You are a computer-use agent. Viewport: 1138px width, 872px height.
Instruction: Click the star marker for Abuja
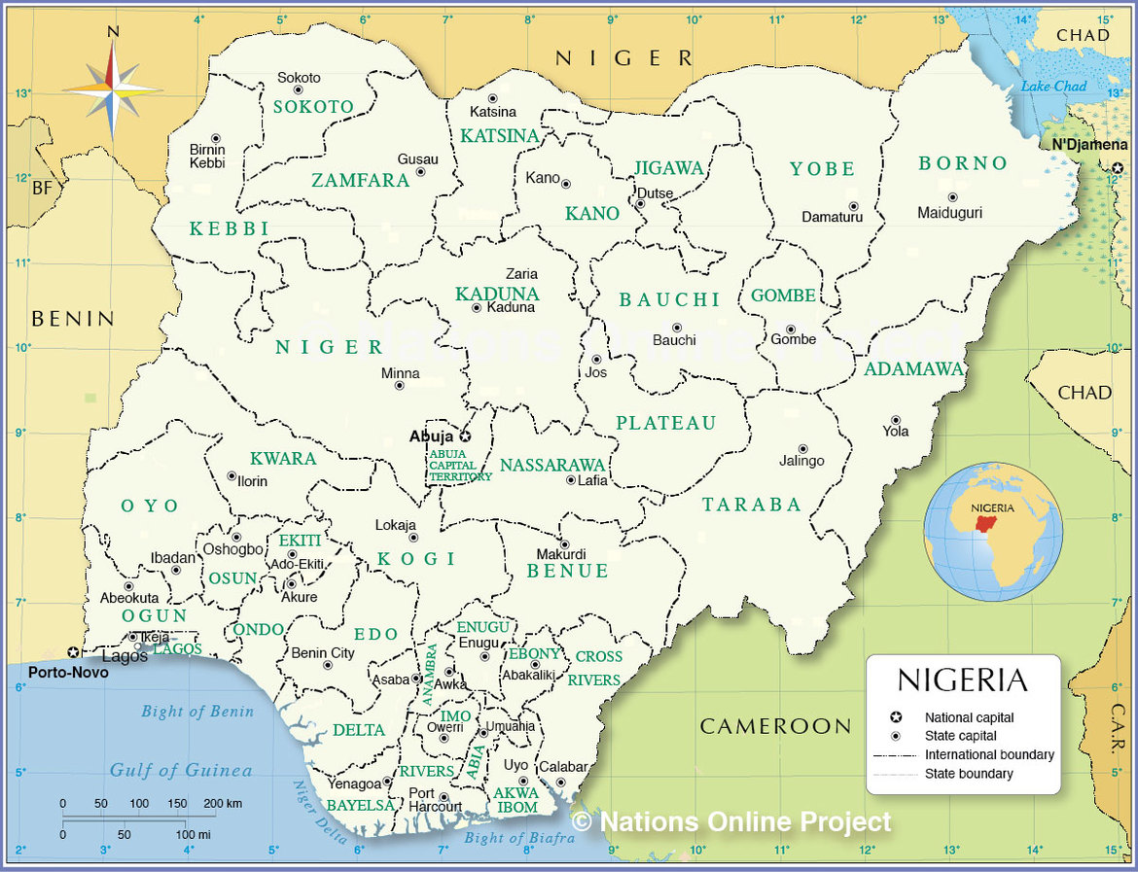point(465,437)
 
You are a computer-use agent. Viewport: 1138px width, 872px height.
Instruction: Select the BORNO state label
point(963,163)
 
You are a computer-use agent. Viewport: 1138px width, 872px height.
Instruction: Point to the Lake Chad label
point(1053,87)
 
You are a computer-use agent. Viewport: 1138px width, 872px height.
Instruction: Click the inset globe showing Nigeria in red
point(993,532)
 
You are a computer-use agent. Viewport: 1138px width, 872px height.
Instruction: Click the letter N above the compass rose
point(113,31)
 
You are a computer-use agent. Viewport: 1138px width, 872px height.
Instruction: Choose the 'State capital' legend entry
point(961,736)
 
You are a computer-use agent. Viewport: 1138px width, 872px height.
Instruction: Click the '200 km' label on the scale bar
point(222,804)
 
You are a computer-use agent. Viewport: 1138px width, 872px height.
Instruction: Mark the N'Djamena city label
point(1089,145)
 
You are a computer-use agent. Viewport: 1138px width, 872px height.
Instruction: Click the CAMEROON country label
point(775,726)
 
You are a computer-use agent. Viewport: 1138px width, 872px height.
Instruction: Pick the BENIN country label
point(73,319)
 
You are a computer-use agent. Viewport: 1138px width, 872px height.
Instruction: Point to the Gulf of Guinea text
point(180,771)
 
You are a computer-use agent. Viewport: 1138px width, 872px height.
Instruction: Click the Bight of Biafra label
point(513,838)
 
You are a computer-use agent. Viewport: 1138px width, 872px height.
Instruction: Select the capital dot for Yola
point(895,420)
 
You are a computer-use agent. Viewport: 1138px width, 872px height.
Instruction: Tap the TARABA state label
point(752,505)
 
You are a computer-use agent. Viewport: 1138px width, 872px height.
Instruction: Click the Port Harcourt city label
point(434,800)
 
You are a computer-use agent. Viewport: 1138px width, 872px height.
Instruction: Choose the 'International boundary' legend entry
point(989,755)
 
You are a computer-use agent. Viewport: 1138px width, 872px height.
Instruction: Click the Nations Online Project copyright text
point(730,822)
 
